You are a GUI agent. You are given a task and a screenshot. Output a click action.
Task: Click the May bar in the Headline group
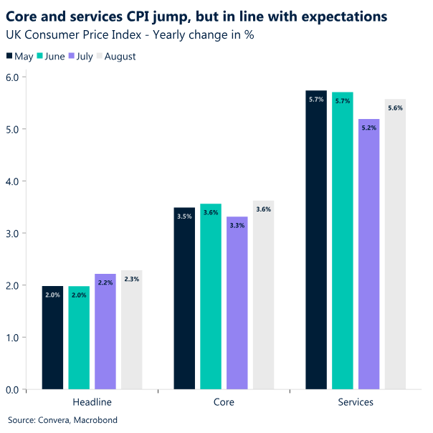coord(52,338)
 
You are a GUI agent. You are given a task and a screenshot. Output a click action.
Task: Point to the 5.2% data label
coord(369,128)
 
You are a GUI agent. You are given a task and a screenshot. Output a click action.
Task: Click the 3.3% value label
coord(237,225)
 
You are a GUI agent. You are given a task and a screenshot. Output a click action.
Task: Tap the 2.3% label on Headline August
coord(132,280)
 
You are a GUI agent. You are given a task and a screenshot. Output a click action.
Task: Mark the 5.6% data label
coord(396,108)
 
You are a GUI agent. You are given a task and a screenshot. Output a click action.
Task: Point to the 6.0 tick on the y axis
coord(12,77)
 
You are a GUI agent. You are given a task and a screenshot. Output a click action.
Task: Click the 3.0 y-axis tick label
coord(12,234)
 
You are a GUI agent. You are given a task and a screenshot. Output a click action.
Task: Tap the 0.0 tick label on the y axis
coord(12,390)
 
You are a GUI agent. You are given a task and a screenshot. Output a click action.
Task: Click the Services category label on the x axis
coord(356,402)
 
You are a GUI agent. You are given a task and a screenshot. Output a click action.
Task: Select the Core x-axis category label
coord(224,402)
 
